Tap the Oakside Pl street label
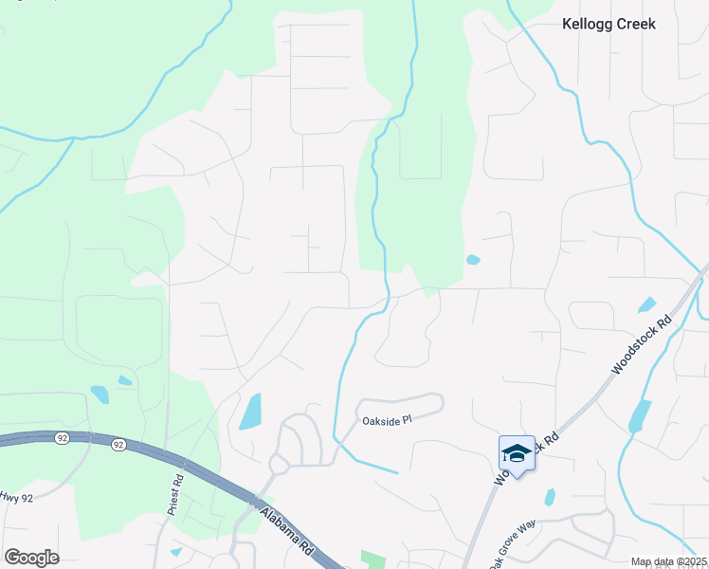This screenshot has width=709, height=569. (387, 419)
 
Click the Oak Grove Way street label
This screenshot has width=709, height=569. (513, 548)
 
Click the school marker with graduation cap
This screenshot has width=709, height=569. (517, 454)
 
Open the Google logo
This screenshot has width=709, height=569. (31, 558)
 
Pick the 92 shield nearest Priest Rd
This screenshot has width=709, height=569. (118, 444)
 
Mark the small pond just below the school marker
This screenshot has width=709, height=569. (550, 497)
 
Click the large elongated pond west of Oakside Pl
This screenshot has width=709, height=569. (250, 412)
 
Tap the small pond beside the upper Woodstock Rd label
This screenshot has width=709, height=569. (646, 305)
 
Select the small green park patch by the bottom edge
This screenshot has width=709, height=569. (373, 560)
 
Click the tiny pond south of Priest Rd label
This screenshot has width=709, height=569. (175, 552)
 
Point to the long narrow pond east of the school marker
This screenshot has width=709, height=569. (640, 415)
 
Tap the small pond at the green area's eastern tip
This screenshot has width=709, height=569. (473, 259)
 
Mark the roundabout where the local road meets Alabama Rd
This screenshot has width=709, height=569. (279, 465)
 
